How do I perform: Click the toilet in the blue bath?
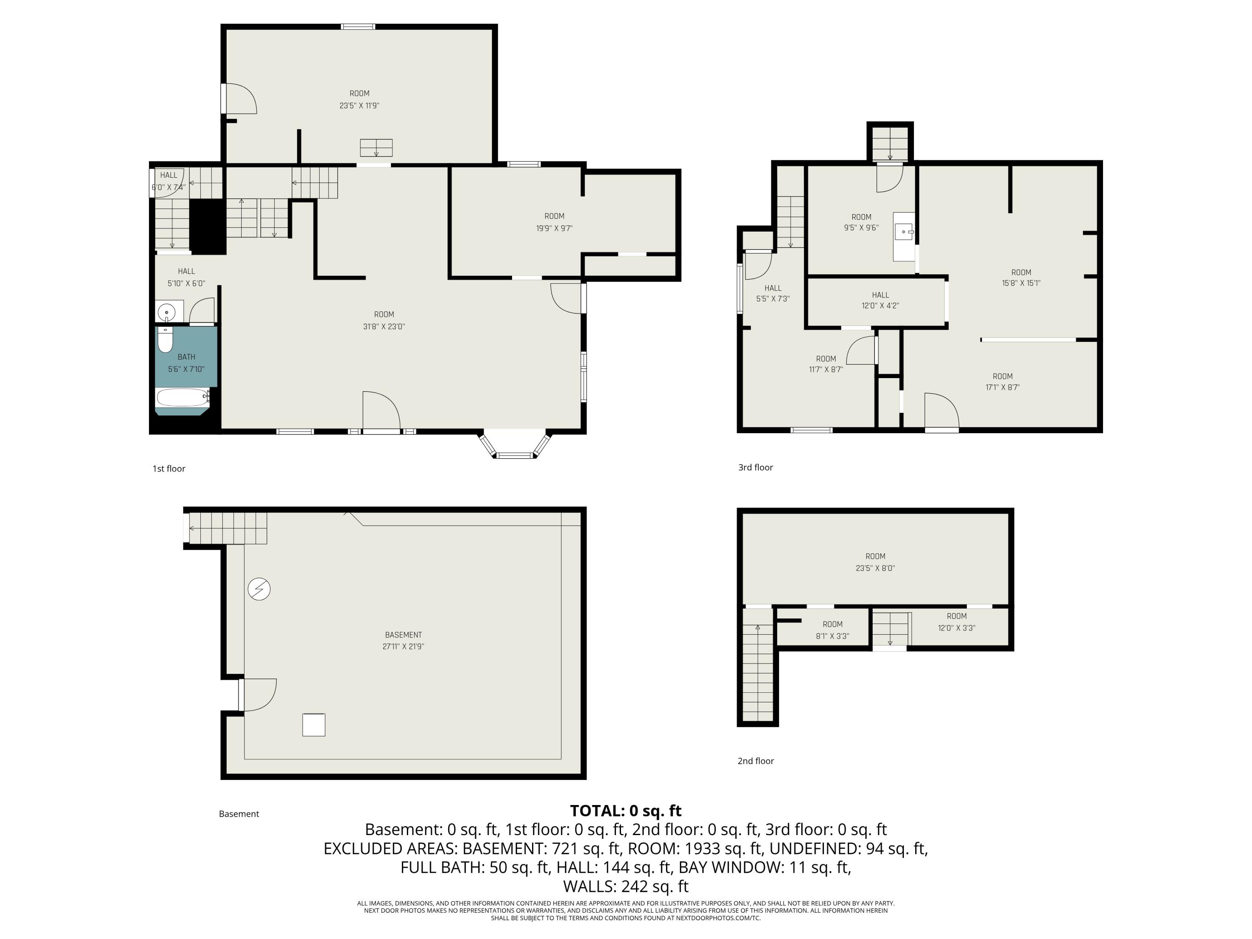(x=165, y=340)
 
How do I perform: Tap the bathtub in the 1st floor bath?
(x=182, y=397)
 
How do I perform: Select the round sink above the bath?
(x=167, y=311)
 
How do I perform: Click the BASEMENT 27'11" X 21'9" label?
(x=403, y=641)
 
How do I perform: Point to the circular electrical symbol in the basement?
(x=259, y=589)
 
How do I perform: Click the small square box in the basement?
(x=313, y=725)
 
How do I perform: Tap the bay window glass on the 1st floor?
(x=515, y=454)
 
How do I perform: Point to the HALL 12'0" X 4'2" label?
(x=880, y=300)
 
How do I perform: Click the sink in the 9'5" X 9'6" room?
(x=904, y=232)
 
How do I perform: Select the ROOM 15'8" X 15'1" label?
(x=1021, y=278)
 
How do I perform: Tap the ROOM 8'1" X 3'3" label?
(x=833, y=630)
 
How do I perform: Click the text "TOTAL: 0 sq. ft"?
(x=626, y=810)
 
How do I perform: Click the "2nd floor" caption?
(x=756, y=761)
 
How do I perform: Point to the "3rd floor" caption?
(x=756, y=467)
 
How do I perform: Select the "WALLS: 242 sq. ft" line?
(x=626, y=886)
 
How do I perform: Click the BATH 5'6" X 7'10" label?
(x=186, y=363)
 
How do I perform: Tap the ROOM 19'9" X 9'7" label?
(x=554, y=222)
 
